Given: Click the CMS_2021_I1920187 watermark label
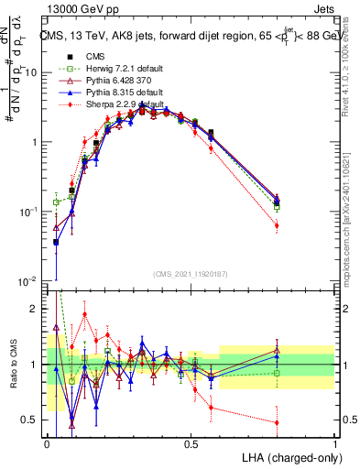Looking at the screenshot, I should click(190, 273).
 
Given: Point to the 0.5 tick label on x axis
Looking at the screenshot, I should click(191, 442).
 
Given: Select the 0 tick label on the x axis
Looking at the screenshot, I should click(47, 442).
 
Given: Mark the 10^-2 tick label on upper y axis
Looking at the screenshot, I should click(30, 280).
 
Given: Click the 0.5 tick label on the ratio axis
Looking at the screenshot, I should click(32, 420).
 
